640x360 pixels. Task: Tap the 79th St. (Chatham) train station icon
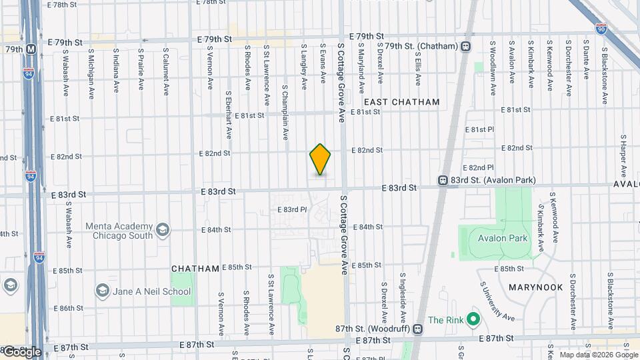tap(465, 46)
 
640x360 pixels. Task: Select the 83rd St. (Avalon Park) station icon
tap(442, 180)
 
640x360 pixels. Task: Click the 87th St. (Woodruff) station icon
tap(418, 328)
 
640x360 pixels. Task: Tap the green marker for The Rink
tap(473, 320)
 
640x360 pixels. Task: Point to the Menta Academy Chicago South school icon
tap(161, 231)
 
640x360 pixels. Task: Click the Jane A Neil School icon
tap(102, 291)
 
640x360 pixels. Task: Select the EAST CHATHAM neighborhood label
tap(401, 102)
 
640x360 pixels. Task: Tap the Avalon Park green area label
tap(502, 238)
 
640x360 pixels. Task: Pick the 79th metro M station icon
tap(31, 49)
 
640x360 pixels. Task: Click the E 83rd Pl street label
tap(291, 209)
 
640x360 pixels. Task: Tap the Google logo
tap(21, 351)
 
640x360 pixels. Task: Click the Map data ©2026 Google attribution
tap(597, 355)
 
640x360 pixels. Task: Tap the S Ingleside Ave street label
tap(403, 294)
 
